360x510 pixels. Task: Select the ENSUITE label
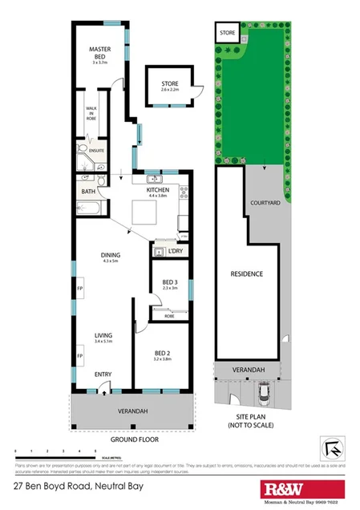click(96, 150)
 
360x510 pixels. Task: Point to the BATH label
click(88, 192)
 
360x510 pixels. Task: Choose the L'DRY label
click(175, 252)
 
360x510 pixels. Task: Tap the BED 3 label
click(170, 282)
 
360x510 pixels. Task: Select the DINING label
click(110, 256)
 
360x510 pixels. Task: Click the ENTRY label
click(103, 374)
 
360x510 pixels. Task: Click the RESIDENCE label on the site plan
click(247, 274)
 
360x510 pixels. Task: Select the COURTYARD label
click(264, 204)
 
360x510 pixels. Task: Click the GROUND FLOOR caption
click(135, 439)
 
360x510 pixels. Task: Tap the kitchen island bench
click(144, 212)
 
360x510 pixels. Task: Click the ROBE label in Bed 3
click(169, 316)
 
